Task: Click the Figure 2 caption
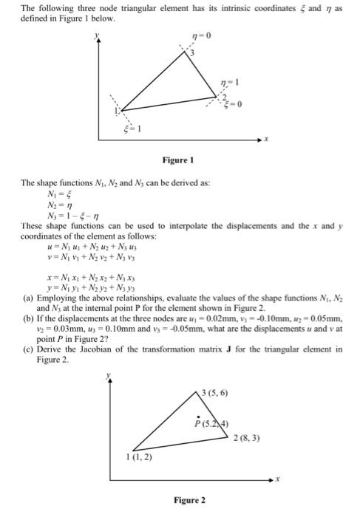(189, 500)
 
